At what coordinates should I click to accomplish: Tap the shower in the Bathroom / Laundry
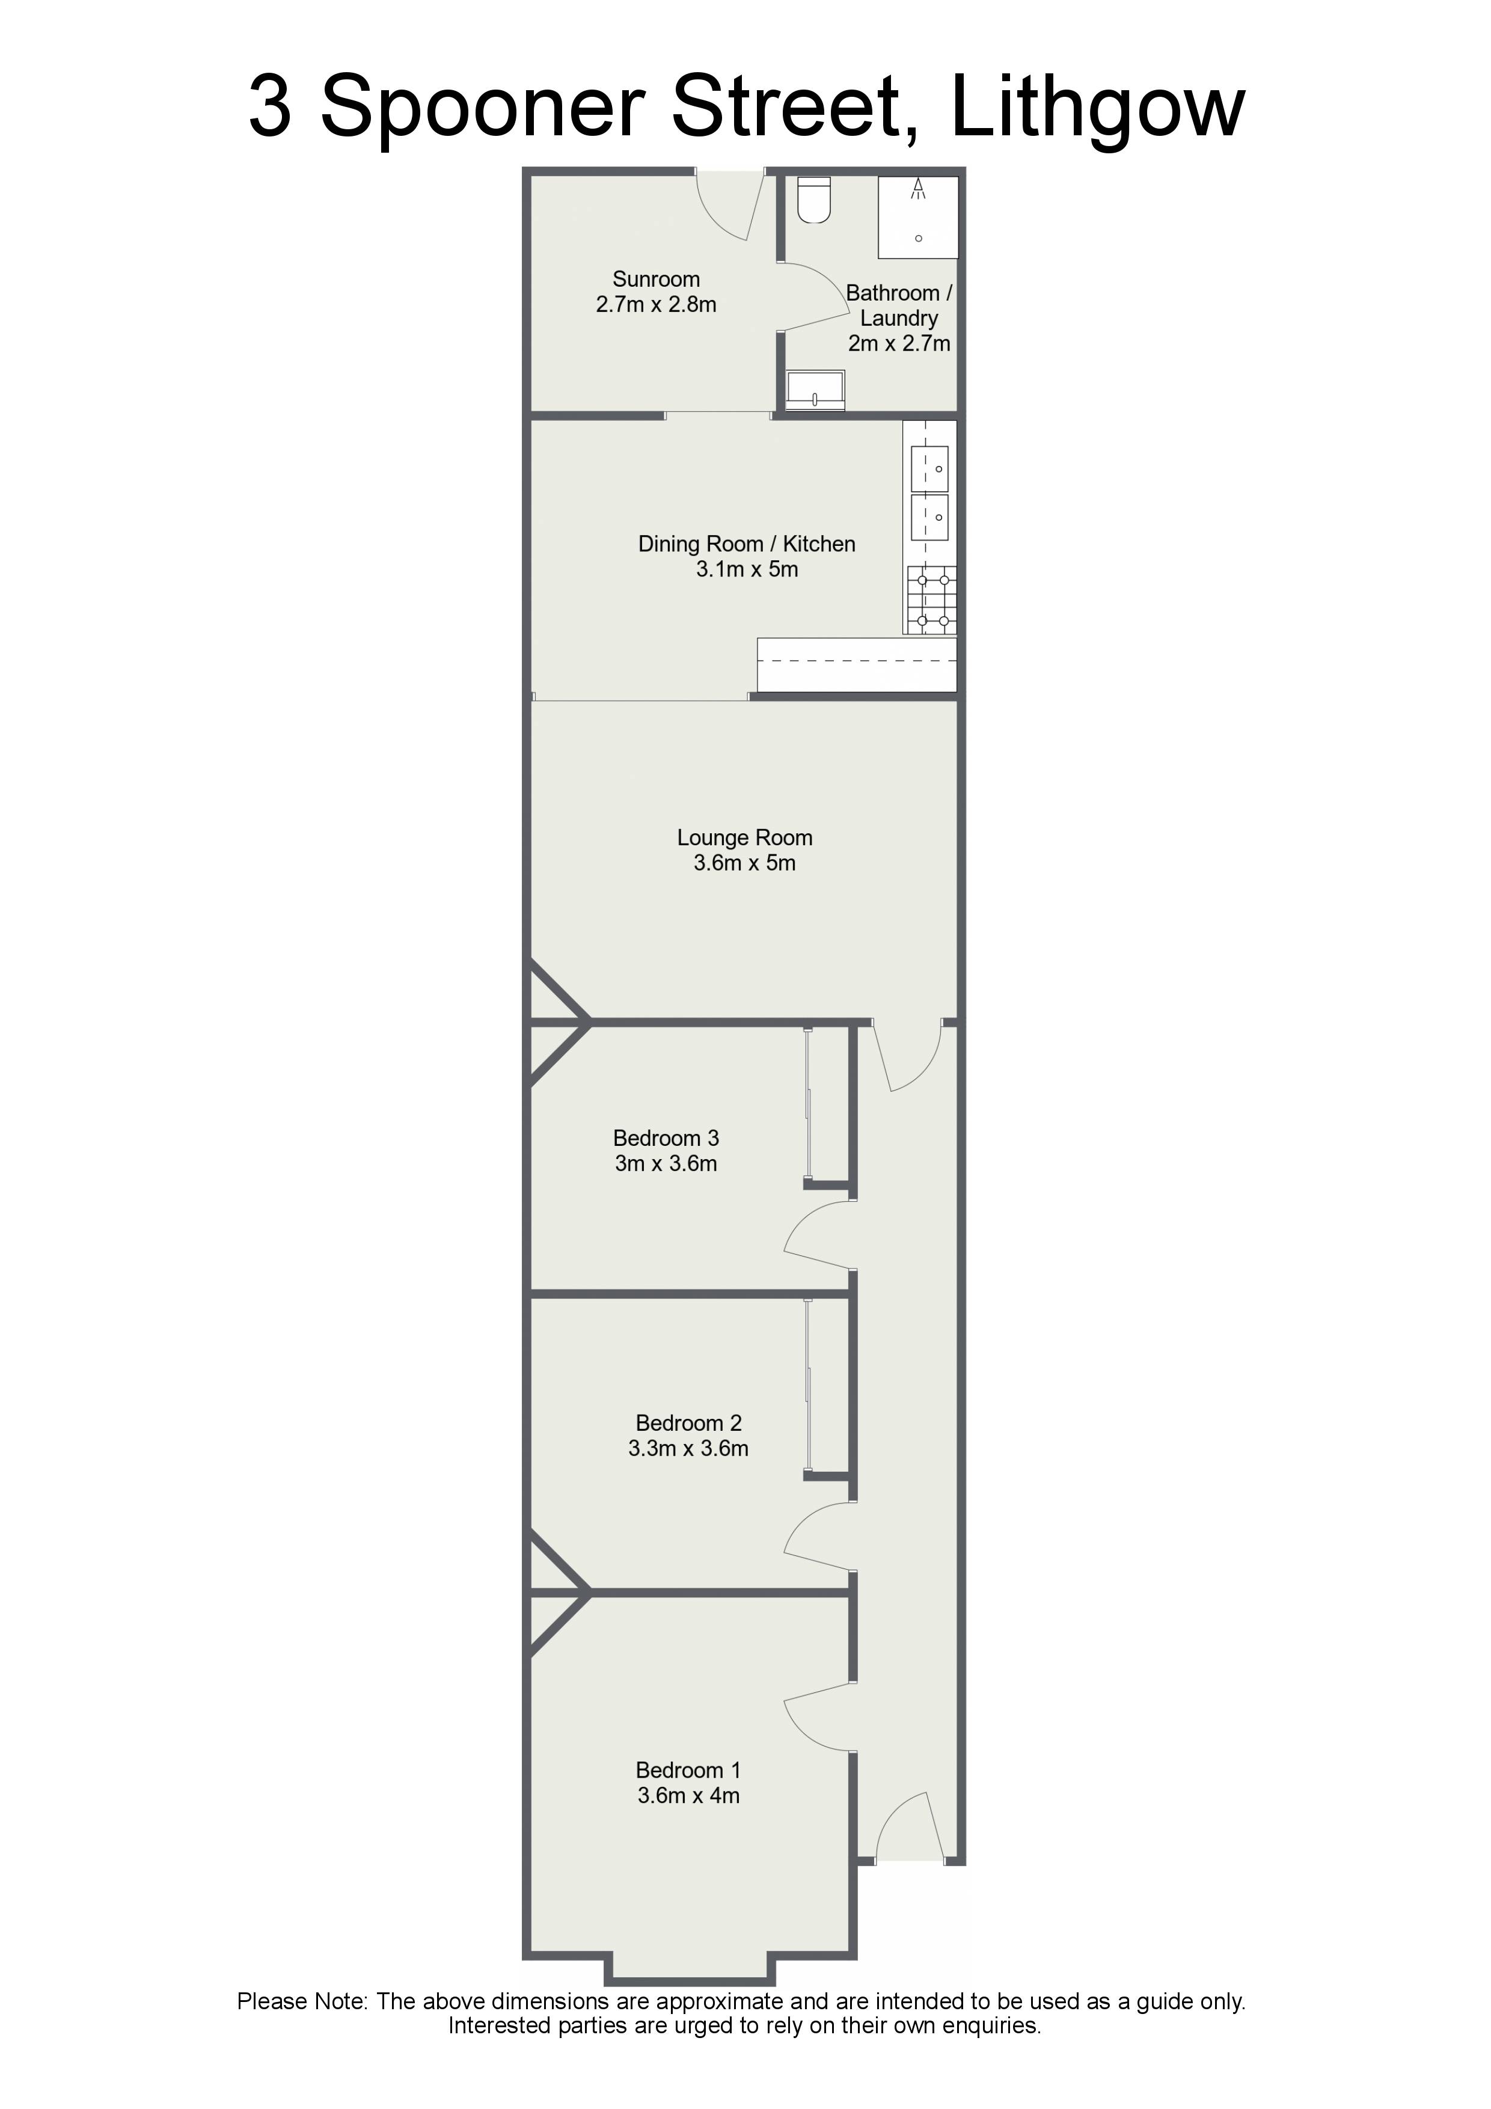pyautogui.click(x=918, y=217)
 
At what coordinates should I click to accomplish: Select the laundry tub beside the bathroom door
pyautogui.click(x=815, y=390)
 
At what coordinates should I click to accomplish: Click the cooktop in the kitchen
pyautogui.click(x=931, y=600)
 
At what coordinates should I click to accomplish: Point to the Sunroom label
pyautogui.click(x=656, y=279)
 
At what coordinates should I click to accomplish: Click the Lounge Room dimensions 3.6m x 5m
pyautogui.click(x=744, y=863)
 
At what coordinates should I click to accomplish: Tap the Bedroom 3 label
pyautogui.click(x=666, y=1138)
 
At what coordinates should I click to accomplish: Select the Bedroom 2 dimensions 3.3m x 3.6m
pyautogui.click(x=688, y=1448)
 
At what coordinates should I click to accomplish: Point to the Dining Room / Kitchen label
pyautogui.click(x=747, y=544)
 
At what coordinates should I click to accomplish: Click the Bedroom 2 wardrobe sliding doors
pyautogui.click(x=809, y=1386)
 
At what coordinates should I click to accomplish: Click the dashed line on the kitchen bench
pyautogui.click(x=857, y=661)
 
